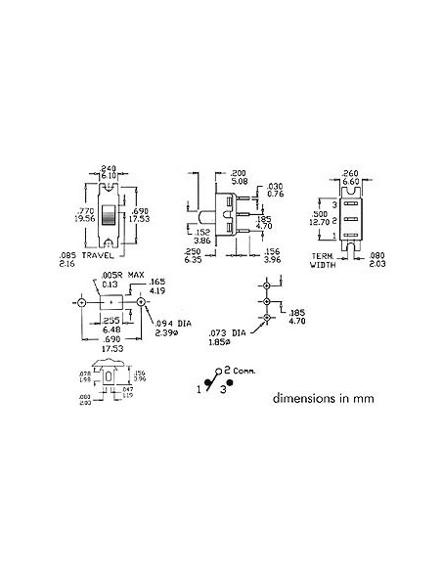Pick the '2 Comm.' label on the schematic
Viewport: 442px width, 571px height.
point(237,372)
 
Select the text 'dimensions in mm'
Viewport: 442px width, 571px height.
point(322,398)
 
